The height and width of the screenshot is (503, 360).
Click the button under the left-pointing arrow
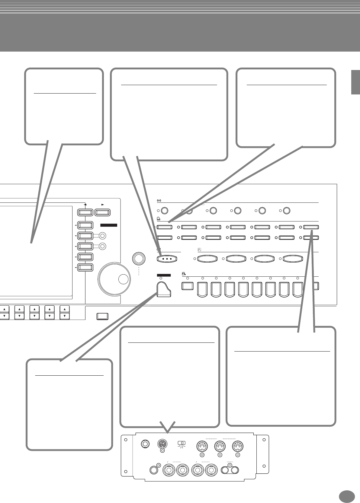pos(85,212)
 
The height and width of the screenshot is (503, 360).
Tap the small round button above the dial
pos(139,258)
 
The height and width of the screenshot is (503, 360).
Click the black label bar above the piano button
pos(164,275)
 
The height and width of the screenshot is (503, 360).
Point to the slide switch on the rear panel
pos(182,443)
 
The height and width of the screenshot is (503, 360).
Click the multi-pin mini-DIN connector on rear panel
pos(162,444)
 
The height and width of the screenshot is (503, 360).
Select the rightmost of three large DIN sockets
pos(238,446)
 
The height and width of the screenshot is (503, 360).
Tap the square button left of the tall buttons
pos(188,286)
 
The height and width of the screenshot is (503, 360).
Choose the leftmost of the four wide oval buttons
pos(207,259)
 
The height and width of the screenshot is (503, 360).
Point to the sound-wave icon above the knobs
pos(159,200)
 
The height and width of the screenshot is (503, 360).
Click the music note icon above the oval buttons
pos(199,250)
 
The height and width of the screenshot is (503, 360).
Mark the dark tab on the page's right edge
pos(355,82)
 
